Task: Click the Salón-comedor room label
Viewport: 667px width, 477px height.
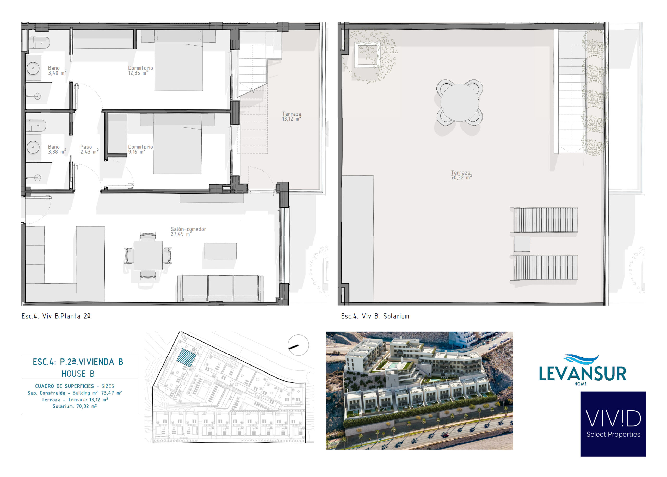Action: [x=188, y=231]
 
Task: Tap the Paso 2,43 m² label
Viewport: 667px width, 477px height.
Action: [x=89, y=149]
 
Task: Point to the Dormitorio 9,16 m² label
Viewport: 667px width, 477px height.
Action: [x=140, y=149]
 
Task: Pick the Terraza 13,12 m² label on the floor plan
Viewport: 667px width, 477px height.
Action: [x=292, y=116]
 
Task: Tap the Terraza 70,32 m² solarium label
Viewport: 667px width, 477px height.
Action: [x=461, y=175]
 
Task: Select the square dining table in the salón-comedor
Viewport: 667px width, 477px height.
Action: [x=148, y=255]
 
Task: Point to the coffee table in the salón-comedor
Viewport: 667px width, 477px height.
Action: [x=220, y=251]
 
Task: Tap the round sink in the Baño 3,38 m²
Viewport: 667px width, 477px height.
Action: [x=33, y=147]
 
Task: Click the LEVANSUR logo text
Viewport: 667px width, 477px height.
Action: [x=583, y=374]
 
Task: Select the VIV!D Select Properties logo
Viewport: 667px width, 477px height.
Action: [x=613, y=424]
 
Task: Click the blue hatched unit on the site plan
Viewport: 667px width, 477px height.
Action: [x=187, y=357]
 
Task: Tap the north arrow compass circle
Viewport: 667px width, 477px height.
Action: [x=298, y=345]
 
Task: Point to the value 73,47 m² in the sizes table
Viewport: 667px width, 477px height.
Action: [x=112, y=393]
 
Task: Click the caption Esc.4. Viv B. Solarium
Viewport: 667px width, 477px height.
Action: [x=375, y=316]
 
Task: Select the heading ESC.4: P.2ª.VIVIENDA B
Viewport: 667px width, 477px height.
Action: [x=78, y=362]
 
